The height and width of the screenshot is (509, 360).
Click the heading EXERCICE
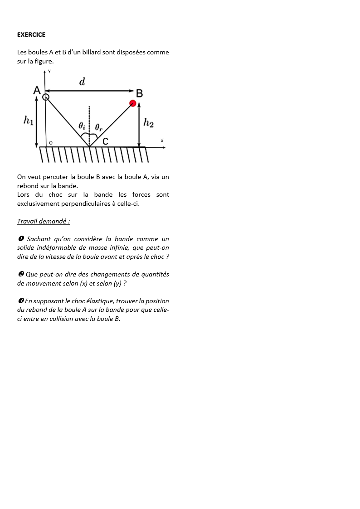(31, 34)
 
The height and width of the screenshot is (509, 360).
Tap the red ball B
(133, 103)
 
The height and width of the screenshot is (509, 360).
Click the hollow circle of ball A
(45, 97)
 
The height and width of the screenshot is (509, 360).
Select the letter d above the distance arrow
(82, 82)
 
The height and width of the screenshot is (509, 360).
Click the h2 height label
(148, 122)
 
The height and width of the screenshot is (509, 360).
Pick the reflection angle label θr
(98, 127)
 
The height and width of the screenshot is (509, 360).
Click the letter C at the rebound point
(105, 141)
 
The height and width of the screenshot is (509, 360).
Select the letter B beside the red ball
(140, 93)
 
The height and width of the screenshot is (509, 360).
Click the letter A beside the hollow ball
(37, 91)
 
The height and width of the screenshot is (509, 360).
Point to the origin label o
(50, 143)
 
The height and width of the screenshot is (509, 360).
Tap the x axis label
(162, 141)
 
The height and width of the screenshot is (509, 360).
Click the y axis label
(49, 72)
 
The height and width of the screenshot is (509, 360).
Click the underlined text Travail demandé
(44, 221)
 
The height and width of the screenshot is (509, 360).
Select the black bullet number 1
(21, 239)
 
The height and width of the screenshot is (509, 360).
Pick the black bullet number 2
(21, 274)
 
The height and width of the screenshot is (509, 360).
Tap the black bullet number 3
(21, 301)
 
